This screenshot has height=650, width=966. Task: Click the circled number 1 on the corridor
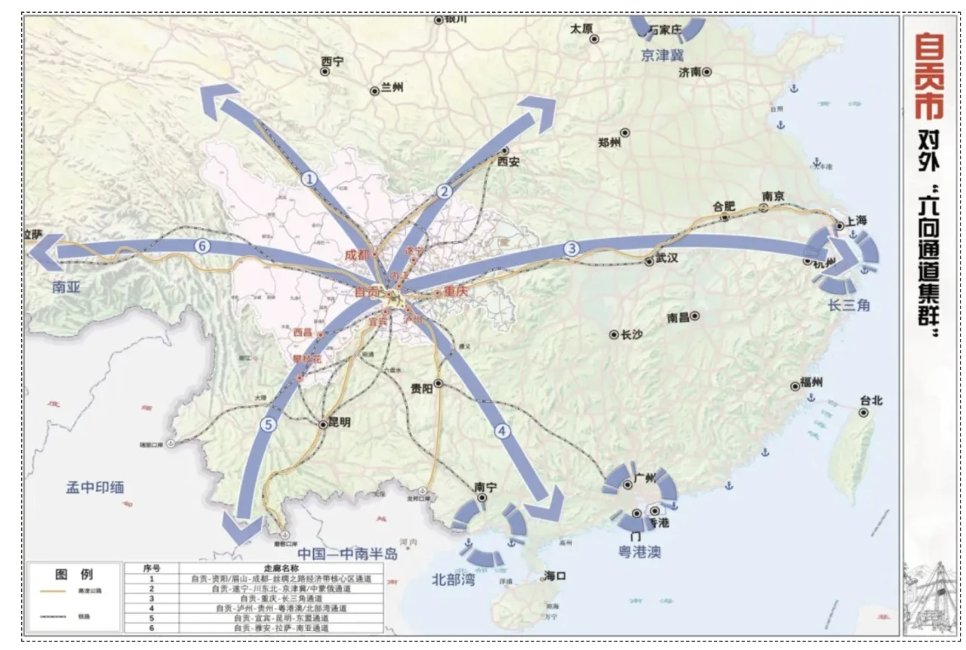[309, 179]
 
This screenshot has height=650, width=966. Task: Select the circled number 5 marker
[266, 424]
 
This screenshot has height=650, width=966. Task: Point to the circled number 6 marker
[202, 245]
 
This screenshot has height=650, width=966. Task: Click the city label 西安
[509, 161]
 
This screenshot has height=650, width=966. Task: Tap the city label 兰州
[392, 88]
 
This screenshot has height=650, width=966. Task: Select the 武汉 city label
[666, 258]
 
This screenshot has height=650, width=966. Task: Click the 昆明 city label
[339, 424]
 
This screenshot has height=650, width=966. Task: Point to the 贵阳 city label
[422, 388]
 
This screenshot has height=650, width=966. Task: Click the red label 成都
[358, 254]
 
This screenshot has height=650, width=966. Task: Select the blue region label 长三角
[849, 305]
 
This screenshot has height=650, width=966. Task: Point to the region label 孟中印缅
[94, 488]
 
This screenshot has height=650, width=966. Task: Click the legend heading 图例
[74, 574]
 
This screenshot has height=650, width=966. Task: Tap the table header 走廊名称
[281, 568]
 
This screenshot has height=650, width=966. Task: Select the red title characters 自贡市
[930, 75]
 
